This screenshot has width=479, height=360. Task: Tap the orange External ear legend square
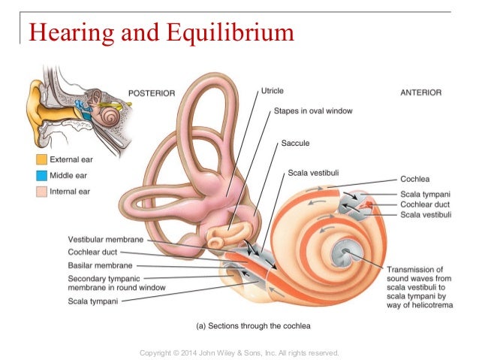(x=41, y=159)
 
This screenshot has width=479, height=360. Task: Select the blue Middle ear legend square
(x=41, y=175)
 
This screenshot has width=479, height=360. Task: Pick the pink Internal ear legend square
(x=41, y=192)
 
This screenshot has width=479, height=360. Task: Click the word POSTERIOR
(x=152, y=92)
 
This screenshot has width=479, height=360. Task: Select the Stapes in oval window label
(x=313, y=111)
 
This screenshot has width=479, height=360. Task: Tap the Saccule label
(x=295, y=142)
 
